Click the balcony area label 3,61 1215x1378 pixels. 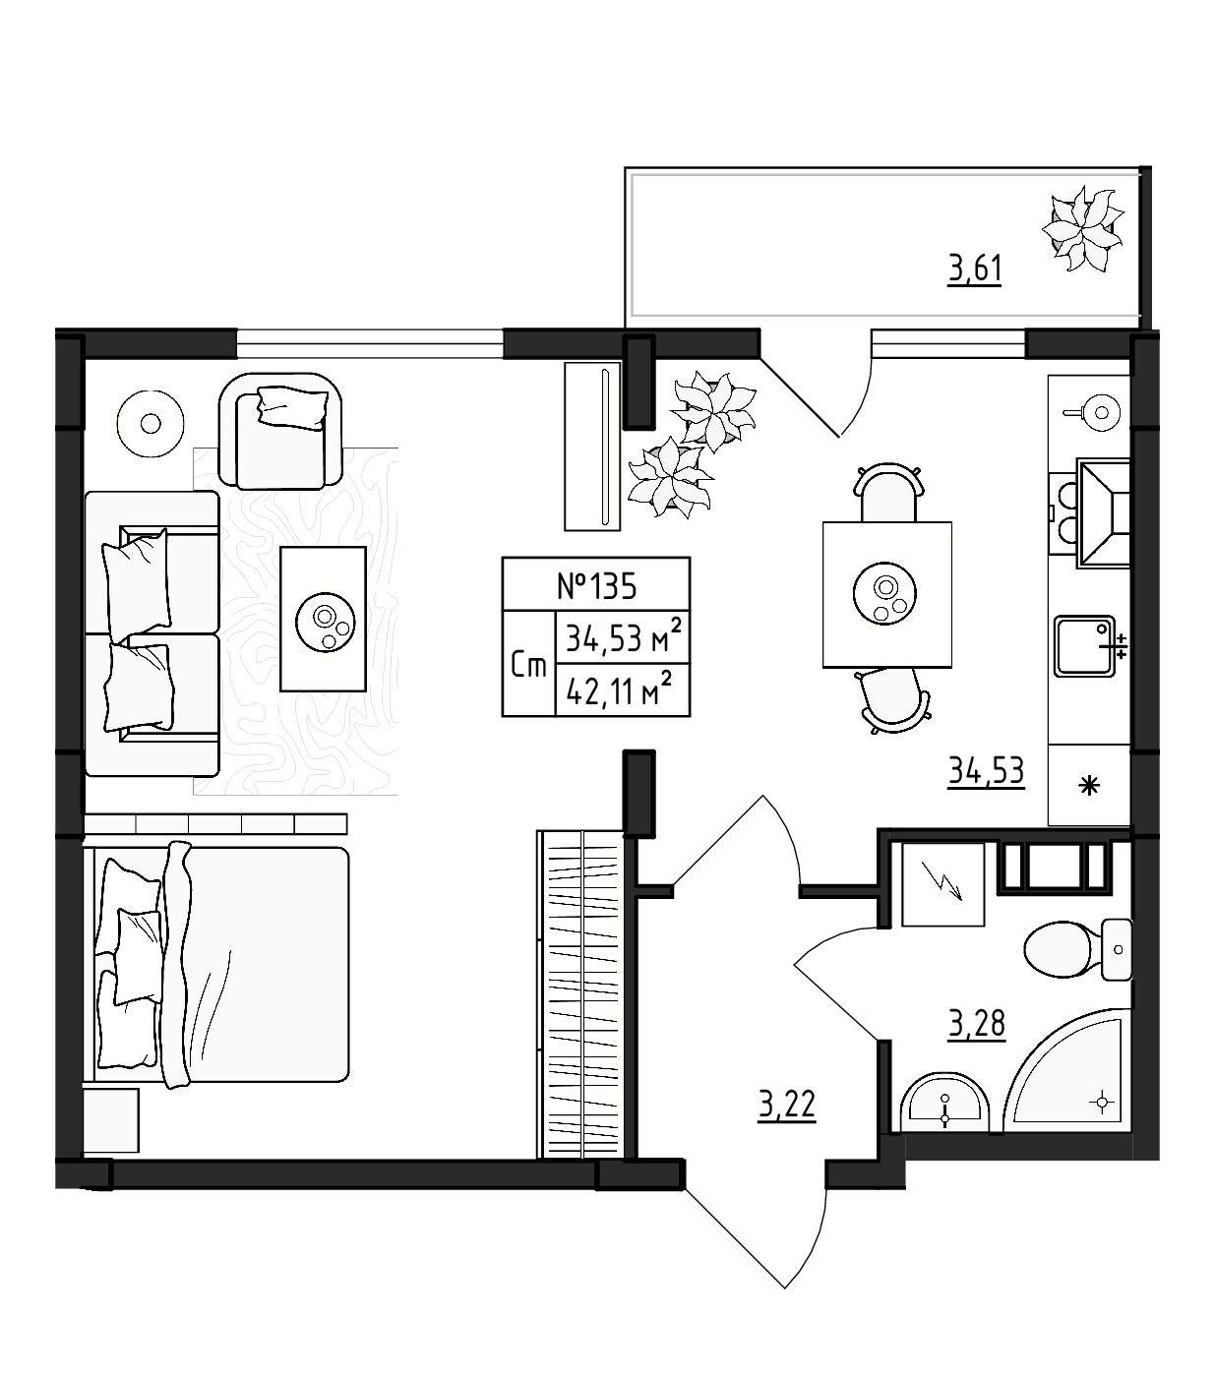(974, 270)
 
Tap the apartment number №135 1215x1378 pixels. (596, 585)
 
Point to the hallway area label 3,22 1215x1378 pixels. (787, 1106)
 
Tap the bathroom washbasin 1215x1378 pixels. (944, 1104)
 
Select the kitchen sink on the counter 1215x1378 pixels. (1086, 646)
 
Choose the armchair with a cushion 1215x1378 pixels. (280, 431)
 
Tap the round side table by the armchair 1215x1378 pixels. (151, 424)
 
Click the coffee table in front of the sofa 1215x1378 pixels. (323, 619)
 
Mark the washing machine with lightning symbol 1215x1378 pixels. (942, 884)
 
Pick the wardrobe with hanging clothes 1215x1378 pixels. (580, 994)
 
